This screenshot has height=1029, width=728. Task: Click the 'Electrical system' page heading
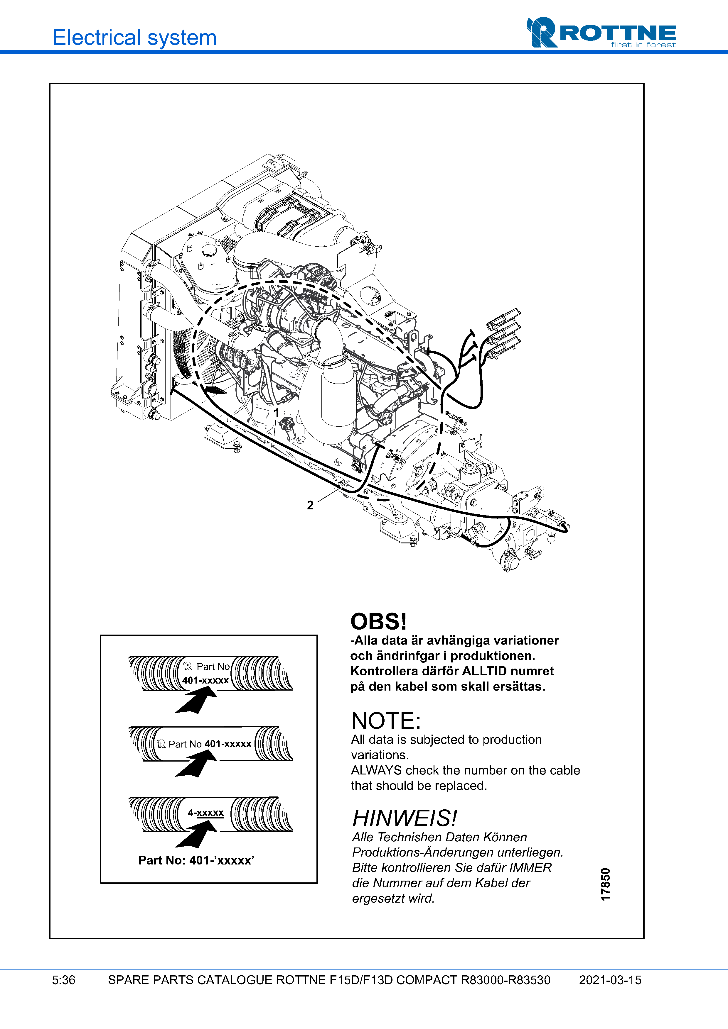(x=134, y=37)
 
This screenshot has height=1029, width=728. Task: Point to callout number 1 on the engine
(x=276, y=412)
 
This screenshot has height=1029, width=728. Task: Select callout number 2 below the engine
(x=310, y=505)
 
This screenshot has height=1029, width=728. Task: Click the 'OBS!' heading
(x=378, y=622)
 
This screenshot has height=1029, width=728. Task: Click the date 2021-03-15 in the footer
(x=610, y=980)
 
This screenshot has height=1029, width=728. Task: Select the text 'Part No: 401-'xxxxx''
(x=196, y=860)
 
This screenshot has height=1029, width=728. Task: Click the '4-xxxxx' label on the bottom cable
(x=205, y=813)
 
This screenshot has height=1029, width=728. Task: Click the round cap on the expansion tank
(x=209, y=250)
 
